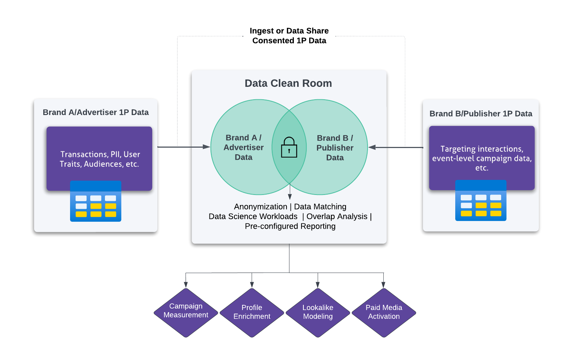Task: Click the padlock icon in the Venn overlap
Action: [289, 147]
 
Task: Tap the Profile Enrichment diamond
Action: [252, 312]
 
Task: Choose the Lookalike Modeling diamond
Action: [318, 312]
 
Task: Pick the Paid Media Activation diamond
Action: [384, 312]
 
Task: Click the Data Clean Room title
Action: [288, 84]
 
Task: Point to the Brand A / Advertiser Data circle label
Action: [244, 147]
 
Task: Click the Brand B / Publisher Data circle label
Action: [335, 148]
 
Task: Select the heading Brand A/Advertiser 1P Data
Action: [95, 112]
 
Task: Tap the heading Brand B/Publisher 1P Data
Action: [481, 114]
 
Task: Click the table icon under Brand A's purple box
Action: [95, 202]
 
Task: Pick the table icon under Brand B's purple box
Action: [481, 201]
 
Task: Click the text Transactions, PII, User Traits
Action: [100, 159]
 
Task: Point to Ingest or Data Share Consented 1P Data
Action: [289, 36]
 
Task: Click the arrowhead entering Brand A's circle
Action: [207, 147]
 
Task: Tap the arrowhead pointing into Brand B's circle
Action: [372, 147]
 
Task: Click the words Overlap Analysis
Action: [337, 217]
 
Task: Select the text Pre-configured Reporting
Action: [290, 226]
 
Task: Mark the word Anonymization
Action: [260, 207]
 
